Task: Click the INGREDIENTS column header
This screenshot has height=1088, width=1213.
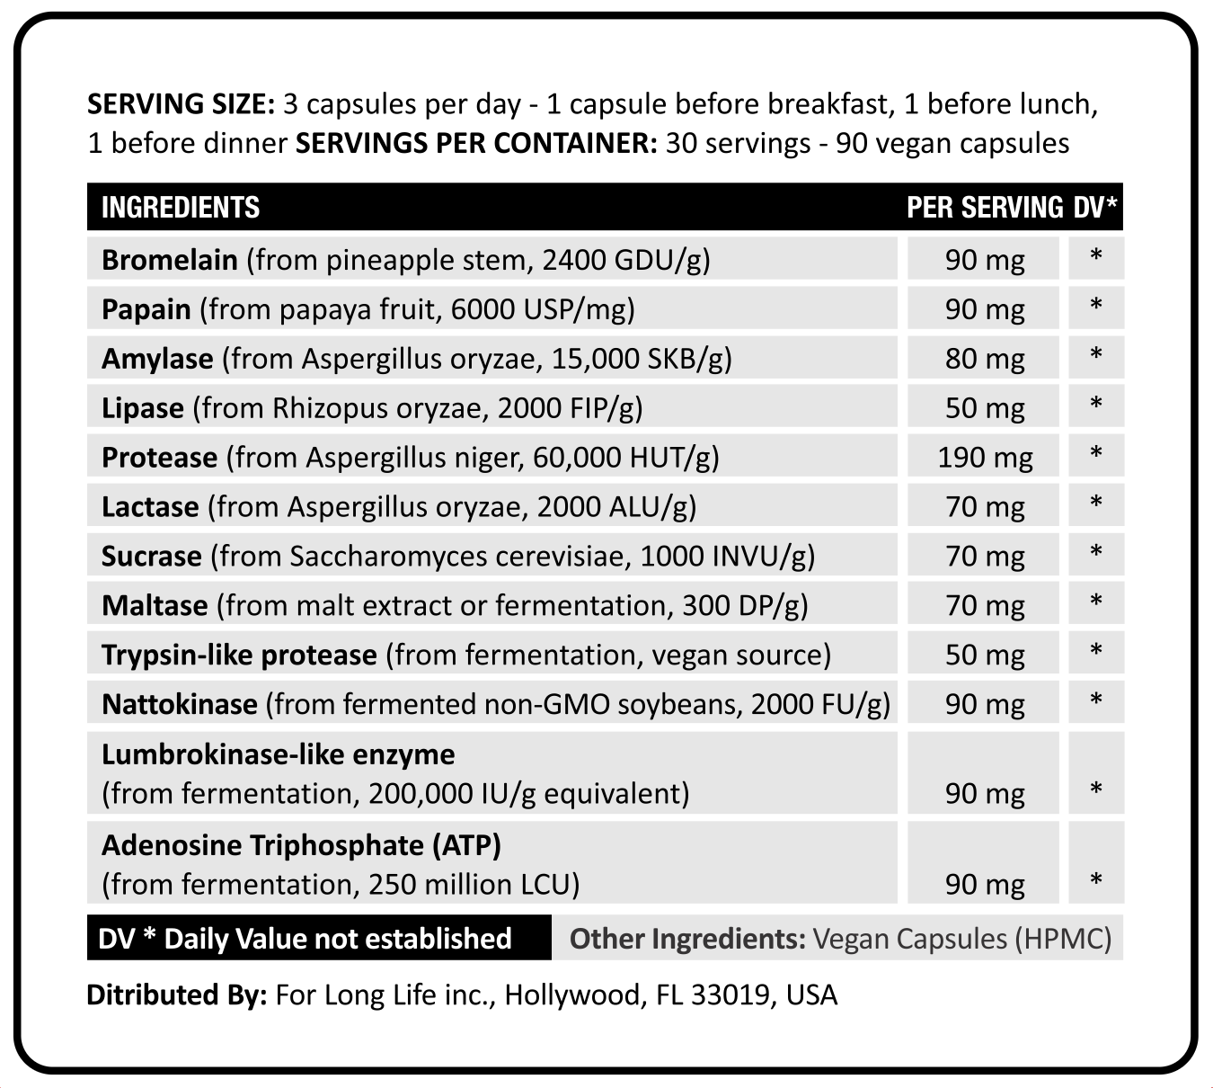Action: coord(180,208)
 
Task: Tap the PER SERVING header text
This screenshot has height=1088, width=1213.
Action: coord(984,208)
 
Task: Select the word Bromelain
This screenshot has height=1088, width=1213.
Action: coord(169,260)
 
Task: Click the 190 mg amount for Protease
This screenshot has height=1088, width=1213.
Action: coord(985,458)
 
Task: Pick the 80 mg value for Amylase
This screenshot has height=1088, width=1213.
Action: coord(985,359)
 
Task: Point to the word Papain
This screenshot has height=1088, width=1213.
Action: coord(146,309)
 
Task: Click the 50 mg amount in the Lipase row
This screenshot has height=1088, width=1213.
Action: coord(985,408)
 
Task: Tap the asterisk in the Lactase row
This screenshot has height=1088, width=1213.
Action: coord(1096,504)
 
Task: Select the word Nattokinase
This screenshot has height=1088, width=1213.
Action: coord(179,704)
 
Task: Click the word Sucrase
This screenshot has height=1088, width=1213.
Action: coord(151,557)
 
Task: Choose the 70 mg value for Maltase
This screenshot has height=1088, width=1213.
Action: coord(985,606)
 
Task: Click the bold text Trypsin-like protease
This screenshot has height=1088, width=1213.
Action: coord(239,655)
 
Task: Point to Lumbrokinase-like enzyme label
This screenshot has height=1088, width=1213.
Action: coord(278,754)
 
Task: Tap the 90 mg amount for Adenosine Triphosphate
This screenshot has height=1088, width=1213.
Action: coord(985,885)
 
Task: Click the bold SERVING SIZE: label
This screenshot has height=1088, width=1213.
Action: coord(181,104)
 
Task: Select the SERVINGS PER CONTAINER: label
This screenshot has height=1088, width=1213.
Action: coord(476,144)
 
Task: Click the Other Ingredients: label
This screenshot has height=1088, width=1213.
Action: coord(687,939)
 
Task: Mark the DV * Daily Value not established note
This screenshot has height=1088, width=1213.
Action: coord(305,939)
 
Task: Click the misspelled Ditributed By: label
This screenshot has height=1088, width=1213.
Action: coord(176,995)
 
